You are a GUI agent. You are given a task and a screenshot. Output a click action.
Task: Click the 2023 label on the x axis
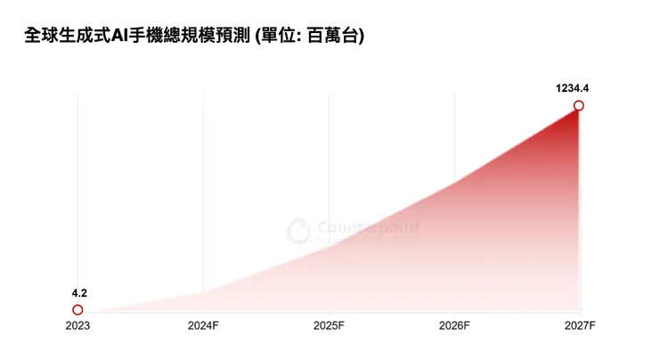(x=77, y=326)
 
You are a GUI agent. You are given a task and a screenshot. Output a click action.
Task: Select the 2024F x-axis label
(x=203, y=326)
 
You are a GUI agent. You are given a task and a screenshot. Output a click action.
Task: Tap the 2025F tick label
(x=329, y=326)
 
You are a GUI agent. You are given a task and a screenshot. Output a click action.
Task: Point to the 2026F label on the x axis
(x=454, y=326)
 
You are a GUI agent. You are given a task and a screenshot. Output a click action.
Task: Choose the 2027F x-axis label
(x=579, y=326)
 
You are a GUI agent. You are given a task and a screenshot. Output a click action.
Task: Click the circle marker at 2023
(x=77, y=309)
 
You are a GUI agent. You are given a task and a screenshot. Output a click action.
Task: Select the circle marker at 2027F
(x=579, y=106)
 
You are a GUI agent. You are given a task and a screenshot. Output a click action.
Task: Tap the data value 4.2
(x=78, y=292)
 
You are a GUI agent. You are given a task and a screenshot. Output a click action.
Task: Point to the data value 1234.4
(x=573, y=87)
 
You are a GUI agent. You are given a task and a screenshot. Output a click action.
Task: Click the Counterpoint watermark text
(x=368, y=228)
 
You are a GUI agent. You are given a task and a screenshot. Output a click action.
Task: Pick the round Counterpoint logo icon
(x=298, y=232)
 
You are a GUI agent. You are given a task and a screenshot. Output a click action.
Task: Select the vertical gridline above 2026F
(x=454, y=134)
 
